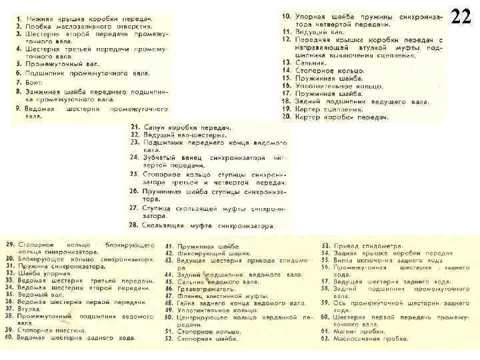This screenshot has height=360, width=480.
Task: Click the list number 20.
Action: (x=286, y=117)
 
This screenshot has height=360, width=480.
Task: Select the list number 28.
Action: (x=134, y=225)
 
